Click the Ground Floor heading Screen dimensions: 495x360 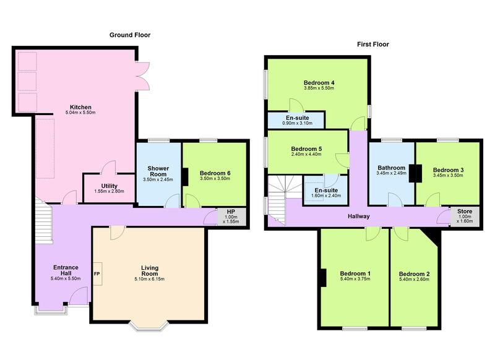(130, 35)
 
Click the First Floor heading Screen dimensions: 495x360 (373, 44)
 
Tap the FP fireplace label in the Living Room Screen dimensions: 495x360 (97, 274)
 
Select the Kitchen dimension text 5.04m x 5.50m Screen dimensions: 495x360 (80, 113)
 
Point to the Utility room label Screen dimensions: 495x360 (110, 186)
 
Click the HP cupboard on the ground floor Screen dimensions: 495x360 (231, 216)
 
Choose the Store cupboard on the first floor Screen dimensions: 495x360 (465, 216)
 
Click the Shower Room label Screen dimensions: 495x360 (158, 171)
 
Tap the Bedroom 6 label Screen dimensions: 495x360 (215, 173)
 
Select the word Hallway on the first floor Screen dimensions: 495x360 (359, 216)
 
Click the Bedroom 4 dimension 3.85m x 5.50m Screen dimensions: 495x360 (319, 88)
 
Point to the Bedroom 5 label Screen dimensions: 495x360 (306, 148)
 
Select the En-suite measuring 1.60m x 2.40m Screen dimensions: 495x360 (325, 191)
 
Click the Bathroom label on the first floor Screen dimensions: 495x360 (392, 168)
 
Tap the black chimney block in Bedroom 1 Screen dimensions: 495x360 (323, 278)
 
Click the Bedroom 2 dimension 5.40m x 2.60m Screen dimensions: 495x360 (414, 280)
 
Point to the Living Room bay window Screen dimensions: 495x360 (149, 326)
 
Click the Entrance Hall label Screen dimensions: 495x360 (66, 270)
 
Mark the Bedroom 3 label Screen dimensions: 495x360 (448, 169)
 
